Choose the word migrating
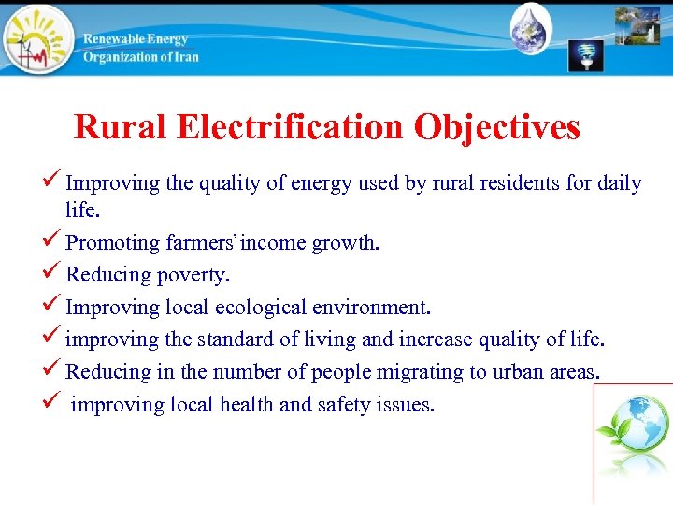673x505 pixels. (424, 371)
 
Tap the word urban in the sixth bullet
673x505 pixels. (515, 371)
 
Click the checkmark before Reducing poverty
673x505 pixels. (54, 274)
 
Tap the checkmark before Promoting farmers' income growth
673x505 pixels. (54, 242)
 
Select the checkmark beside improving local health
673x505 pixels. (54, 403)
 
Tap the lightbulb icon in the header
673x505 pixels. (586, 55)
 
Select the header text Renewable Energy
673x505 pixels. (136, 39)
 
